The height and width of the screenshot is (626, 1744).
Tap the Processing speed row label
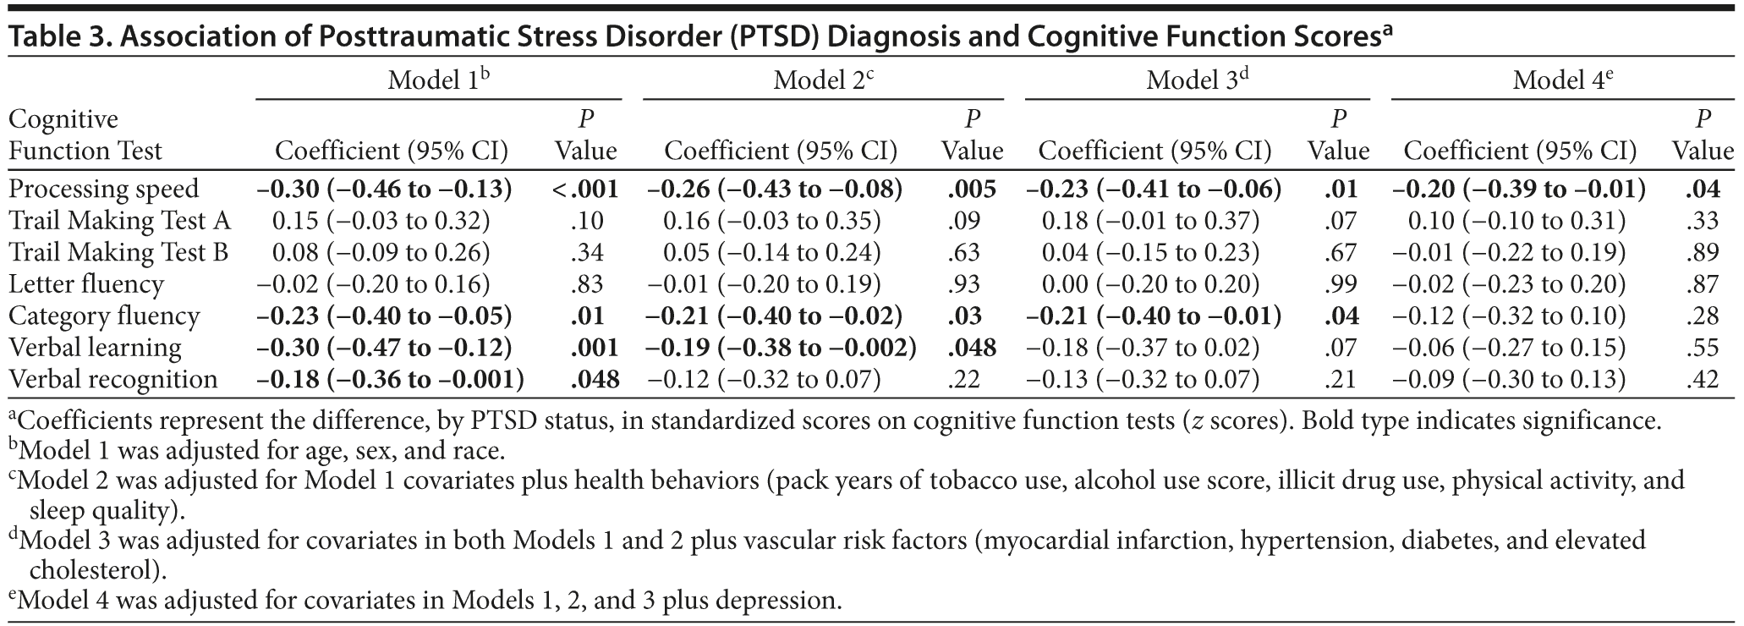pos(104,189)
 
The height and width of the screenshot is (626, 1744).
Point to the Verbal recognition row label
pos(113,379)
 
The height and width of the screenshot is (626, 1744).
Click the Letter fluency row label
pos(86,284)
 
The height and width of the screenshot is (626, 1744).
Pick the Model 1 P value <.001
pos(585,189)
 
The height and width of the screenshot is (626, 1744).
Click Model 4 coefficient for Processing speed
pos(1519,189)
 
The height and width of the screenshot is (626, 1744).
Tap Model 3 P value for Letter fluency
pos(1338,284)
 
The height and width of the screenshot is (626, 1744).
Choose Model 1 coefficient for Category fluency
pos(386,316)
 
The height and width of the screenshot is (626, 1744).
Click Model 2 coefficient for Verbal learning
pos(782,348)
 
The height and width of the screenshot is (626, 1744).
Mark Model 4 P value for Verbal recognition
pos(1703,379)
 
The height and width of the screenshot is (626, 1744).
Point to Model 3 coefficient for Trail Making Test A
pos(1150,221)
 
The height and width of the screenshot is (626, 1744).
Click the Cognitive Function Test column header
pos(85,135)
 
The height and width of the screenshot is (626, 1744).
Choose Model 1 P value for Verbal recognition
pos(595,379)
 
